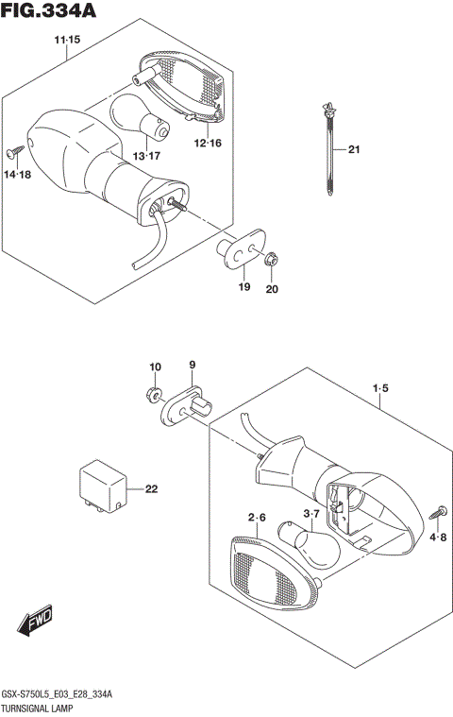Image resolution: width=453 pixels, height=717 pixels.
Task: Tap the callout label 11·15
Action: click(x=67, y=40)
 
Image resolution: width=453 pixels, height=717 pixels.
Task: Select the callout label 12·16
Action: click(x=208, y=143)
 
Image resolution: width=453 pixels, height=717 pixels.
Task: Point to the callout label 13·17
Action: click(x=146, y=155)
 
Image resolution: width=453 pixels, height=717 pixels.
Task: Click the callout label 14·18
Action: click(x=17, y=175)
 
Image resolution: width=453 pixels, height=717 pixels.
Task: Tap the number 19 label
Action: click(x=244, y=287)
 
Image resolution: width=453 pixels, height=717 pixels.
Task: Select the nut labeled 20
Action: click(x=271, y=258)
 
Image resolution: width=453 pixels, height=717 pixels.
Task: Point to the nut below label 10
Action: click(x=155, y=392)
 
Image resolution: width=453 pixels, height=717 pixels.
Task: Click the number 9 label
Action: click(x=191, y=366)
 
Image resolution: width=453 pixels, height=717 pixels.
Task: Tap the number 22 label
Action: click(x=152, y=488)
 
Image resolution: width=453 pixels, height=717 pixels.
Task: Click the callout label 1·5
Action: click(x=379, y=387)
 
